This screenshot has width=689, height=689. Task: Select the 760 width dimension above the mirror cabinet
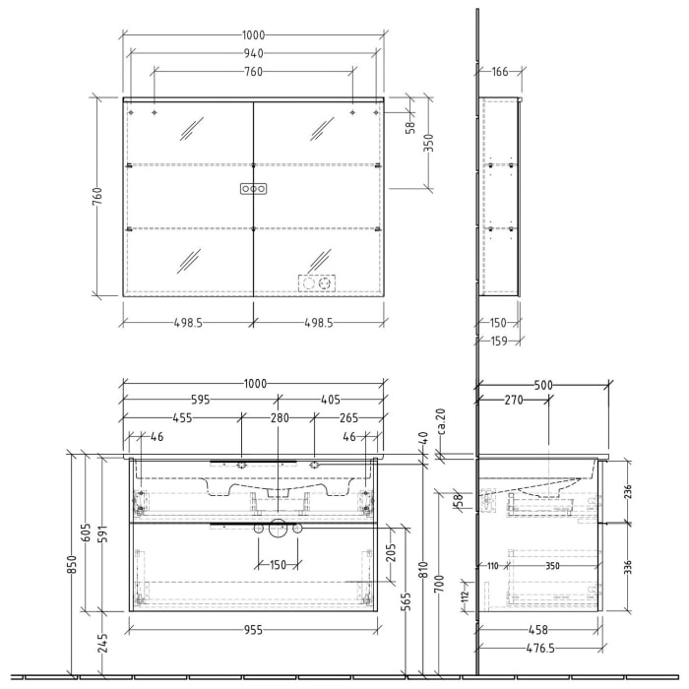tap(253, 71)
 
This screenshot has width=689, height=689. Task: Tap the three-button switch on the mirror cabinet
tap(253, 188)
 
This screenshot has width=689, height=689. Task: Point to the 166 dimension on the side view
tap(499, 71)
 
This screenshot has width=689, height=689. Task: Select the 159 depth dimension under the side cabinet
tap(500, 342)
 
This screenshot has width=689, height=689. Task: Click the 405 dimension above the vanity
tap(330, 401)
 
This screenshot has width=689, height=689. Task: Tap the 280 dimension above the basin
tap(280, 418)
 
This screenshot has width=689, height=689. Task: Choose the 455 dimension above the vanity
tap(182, 418)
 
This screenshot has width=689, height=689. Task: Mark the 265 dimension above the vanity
tap(347, 418)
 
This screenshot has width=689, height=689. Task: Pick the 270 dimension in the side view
tap(513, 401)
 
